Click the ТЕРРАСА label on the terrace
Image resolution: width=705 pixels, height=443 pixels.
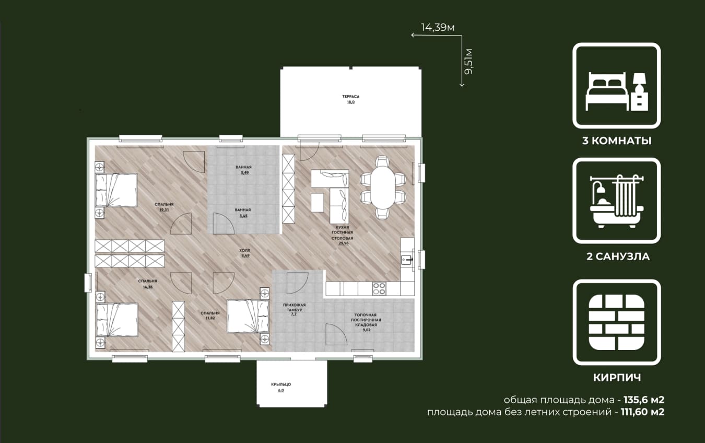tap(350, 97)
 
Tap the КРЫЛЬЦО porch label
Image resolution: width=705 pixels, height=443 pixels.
tap(281, 384)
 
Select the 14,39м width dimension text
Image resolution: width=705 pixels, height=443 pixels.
tap(438, 28)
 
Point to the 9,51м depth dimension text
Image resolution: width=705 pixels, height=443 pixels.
tap(469, 62)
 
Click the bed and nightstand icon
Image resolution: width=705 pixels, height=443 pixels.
tap(617, 91)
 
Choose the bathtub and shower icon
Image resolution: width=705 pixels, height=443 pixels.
tap(617, 201)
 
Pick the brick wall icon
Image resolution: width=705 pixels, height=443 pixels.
tap(617, 322)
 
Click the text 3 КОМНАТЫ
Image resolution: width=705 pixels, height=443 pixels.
tap(617, 141)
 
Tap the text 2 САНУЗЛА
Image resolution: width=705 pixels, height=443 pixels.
tap(618, 257)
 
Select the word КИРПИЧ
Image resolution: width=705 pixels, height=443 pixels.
tap(617, 378)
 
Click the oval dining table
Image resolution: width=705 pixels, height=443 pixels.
tap(383, 188)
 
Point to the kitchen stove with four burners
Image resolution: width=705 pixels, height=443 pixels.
tap(379, 289)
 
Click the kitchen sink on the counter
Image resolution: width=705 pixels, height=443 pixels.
tap(407, 260)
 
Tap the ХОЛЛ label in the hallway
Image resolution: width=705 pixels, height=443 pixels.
tap(244, 250)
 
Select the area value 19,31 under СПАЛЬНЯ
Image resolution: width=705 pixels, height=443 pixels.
tap(164, 209)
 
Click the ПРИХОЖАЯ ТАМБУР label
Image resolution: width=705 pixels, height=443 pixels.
tap(295, 307)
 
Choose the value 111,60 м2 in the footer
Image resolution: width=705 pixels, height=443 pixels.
tap(642, 412)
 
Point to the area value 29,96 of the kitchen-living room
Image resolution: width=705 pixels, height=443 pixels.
tap(344, 243)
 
